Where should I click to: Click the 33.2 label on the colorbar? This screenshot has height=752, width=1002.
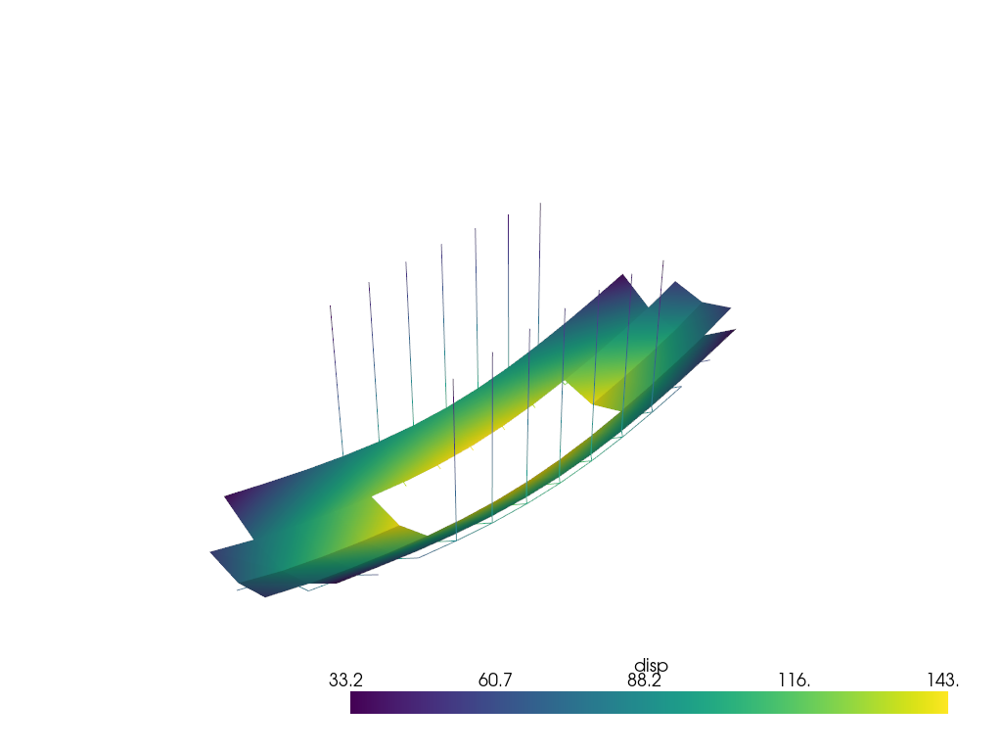(345, 680)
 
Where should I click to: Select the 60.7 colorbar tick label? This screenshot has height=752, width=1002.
(494, 680)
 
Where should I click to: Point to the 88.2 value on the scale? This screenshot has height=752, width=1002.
(644, 680)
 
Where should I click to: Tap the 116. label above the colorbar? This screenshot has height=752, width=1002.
(794, 680)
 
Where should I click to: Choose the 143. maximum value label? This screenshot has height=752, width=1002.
(942, 680)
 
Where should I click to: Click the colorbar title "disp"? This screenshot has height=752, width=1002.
(651, 666)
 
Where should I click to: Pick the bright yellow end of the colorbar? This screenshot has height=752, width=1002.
(944, 702)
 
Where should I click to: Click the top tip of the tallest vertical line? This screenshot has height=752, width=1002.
(540, 204)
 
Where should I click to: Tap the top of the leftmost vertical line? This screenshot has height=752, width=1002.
(331, 305)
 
